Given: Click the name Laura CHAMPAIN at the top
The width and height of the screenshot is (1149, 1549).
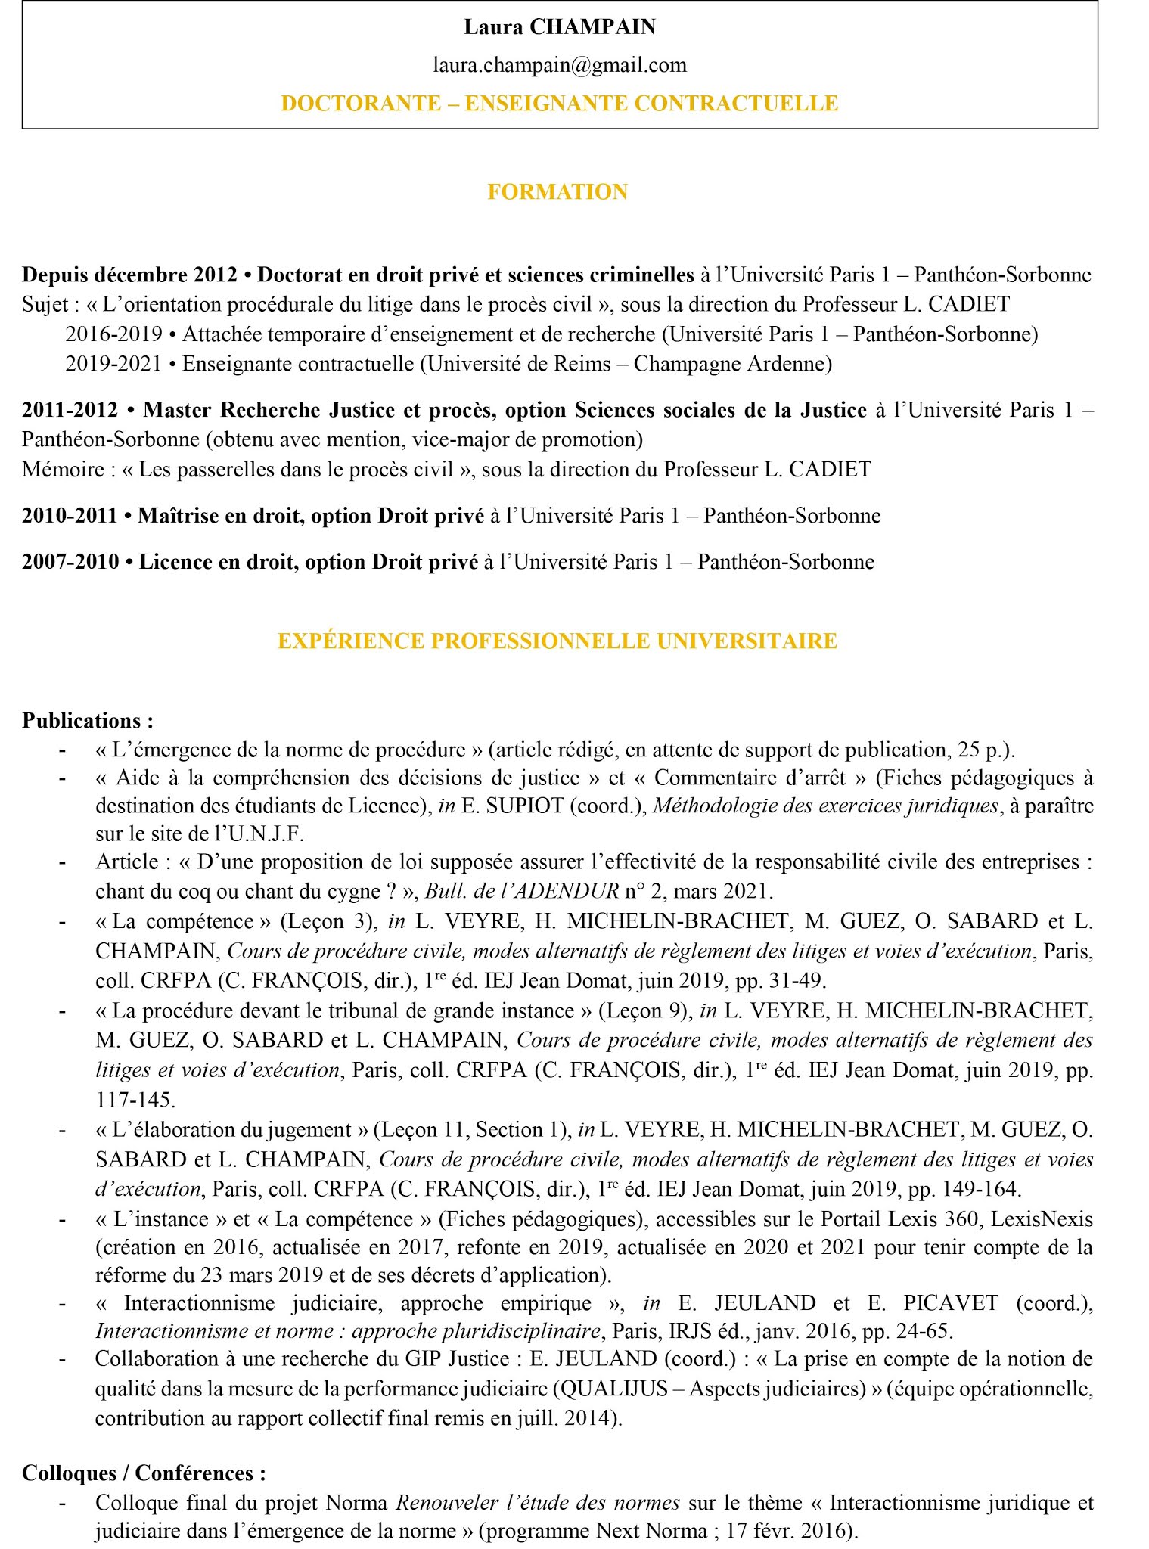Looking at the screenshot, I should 559,27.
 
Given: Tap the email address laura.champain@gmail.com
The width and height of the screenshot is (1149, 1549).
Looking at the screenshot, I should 559,65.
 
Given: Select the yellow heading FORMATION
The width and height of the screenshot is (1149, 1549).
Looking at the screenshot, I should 557,192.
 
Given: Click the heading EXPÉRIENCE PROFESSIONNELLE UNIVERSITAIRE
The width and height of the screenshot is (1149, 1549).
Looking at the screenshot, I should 557,641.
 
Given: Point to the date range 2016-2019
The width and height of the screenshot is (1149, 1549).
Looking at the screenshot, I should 113,334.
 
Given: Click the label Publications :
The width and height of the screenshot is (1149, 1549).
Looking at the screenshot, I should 88,720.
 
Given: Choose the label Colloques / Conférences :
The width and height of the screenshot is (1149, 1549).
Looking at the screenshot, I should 144,1473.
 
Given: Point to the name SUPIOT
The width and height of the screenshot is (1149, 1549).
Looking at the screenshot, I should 524,806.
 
